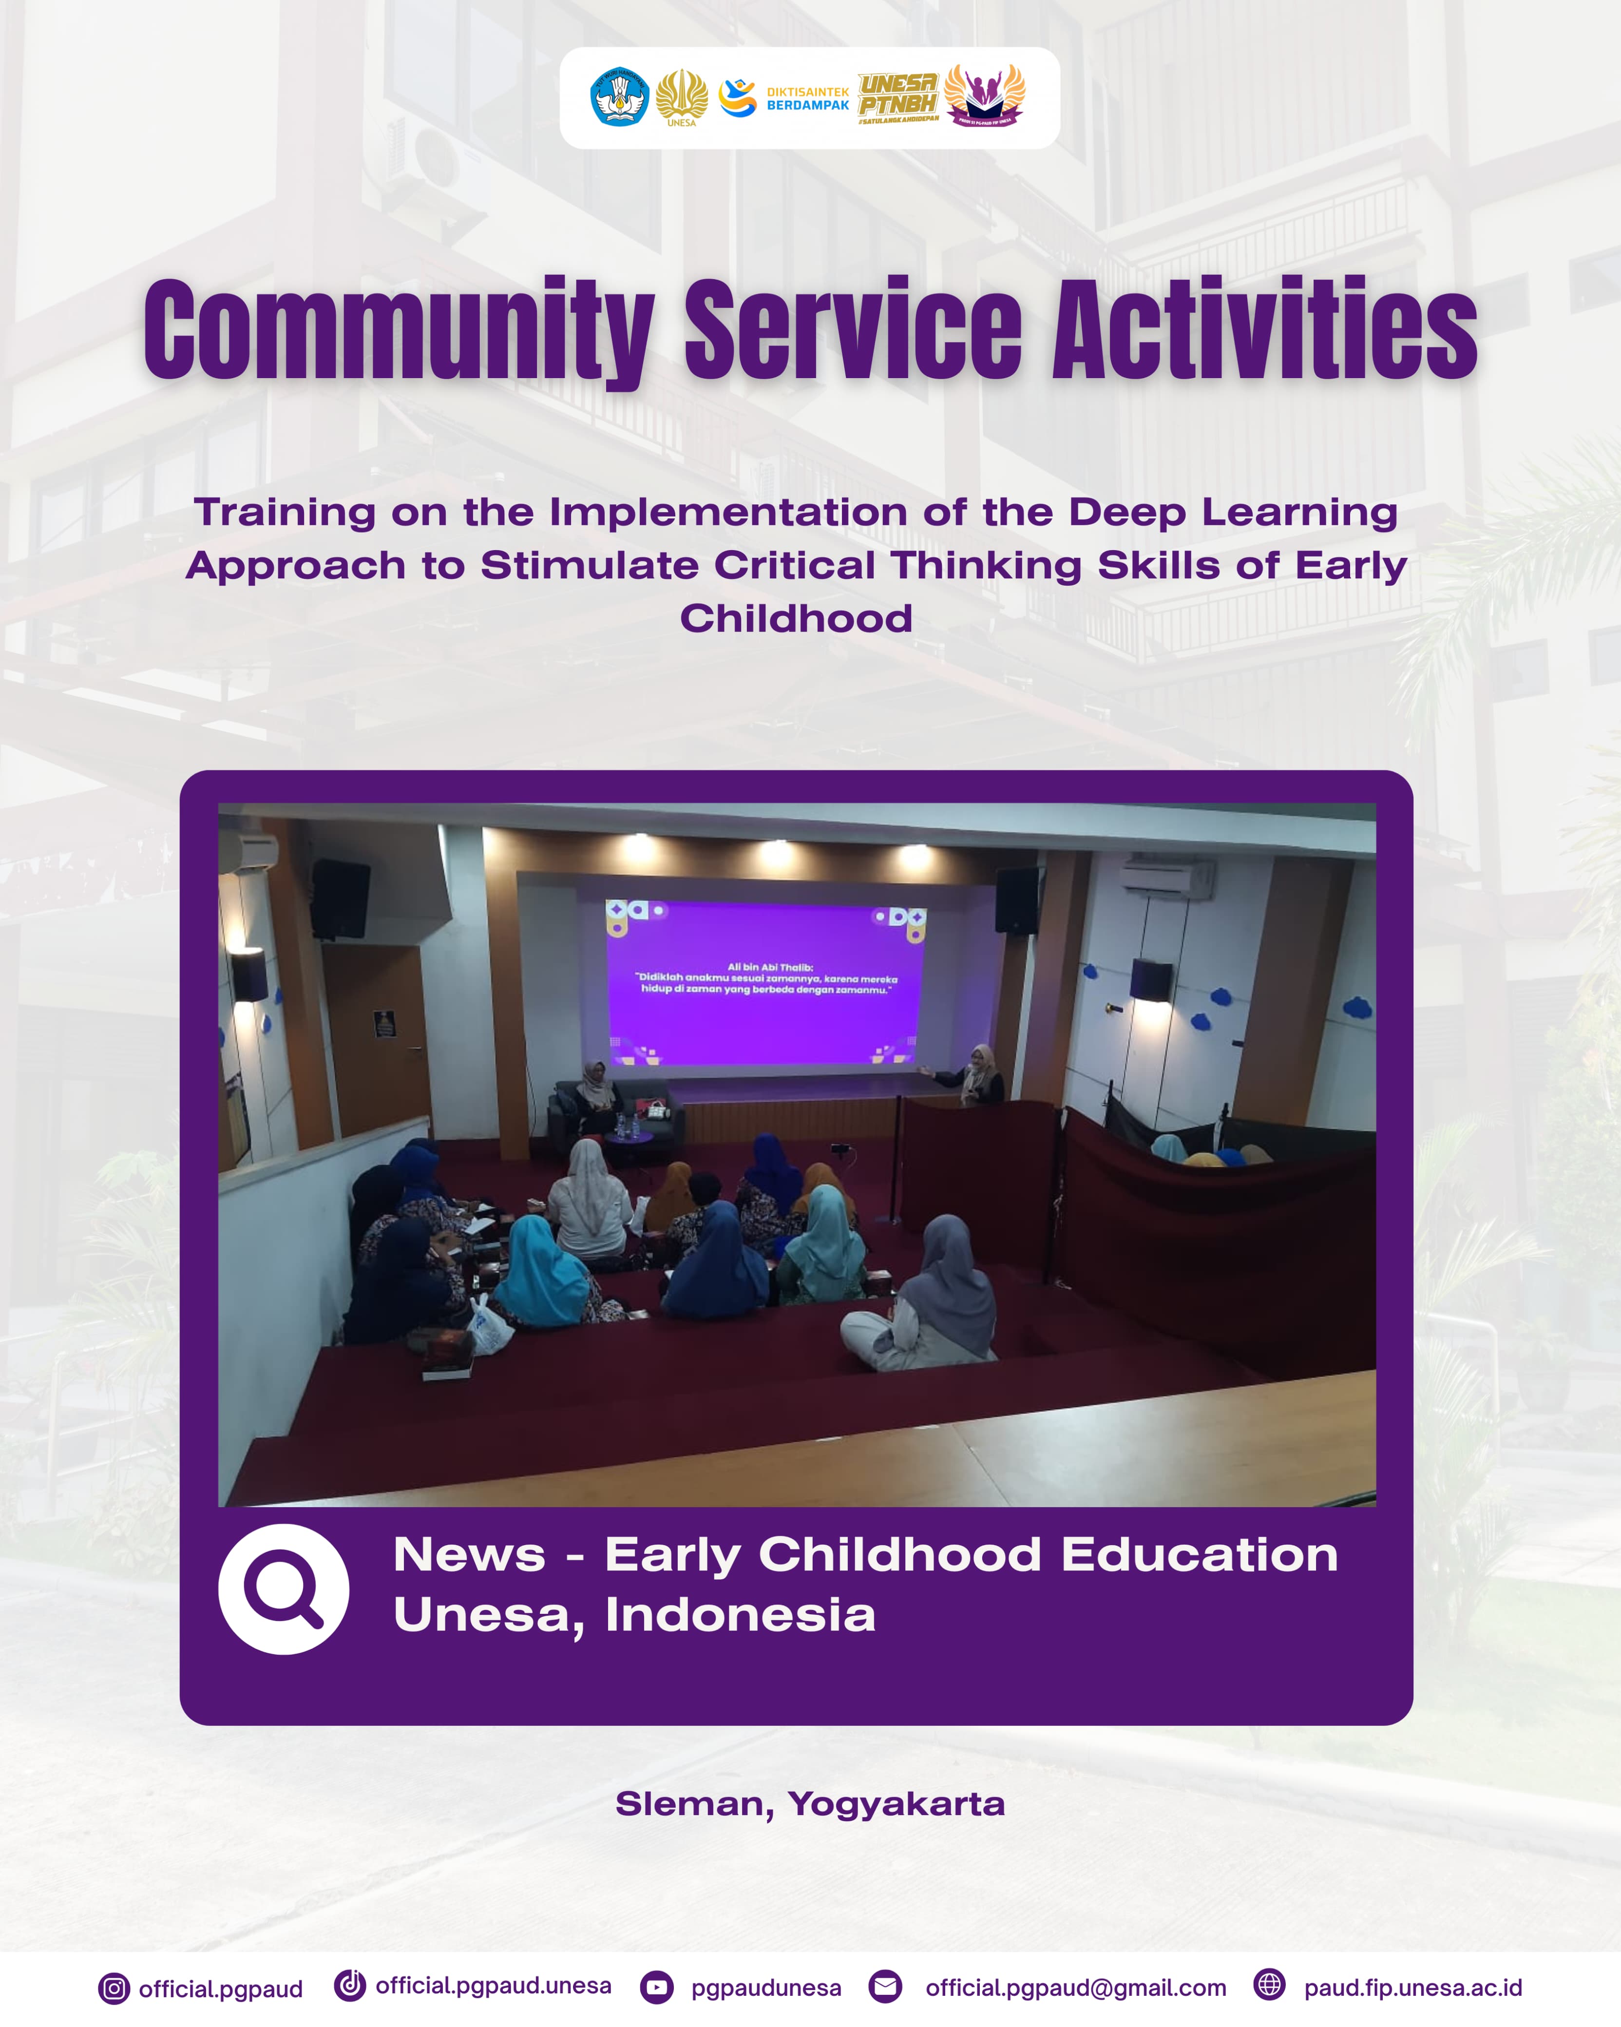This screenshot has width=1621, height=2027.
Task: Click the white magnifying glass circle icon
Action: (x=283, y=1589)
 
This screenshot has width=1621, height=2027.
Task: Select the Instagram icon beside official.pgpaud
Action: (x=114, y=1989)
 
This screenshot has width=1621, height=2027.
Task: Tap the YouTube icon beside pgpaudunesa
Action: (x=656, y=1988)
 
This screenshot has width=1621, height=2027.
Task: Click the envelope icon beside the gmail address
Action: (x=885, y=1987)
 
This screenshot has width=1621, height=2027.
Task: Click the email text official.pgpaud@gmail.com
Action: (x=1076, y=1988)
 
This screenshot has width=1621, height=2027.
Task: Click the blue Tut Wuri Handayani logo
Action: (x=619, y=97)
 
